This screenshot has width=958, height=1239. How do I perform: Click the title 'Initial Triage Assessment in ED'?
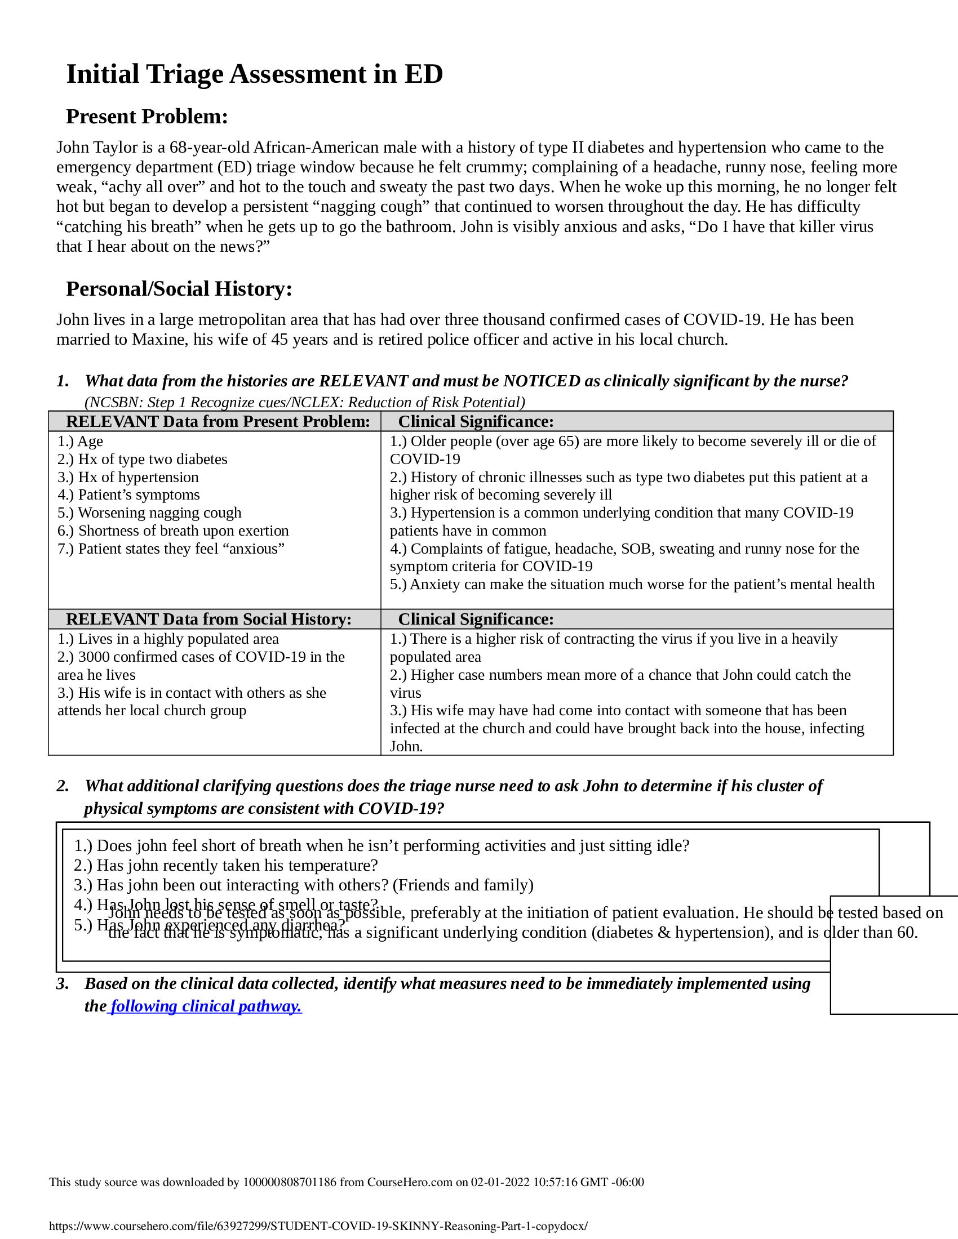point(254,74)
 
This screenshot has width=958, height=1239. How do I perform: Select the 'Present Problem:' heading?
point(147,117)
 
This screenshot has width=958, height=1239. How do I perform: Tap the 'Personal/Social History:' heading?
point(179,289)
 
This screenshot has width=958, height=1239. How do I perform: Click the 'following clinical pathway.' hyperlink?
point(206,1006)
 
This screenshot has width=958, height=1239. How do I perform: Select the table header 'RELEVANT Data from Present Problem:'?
point(218,421)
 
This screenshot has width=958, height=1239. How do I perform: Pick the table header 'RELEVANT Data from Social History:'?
point(209,619)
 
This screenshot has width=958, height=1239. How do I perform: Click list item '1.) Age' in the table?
point(80,442)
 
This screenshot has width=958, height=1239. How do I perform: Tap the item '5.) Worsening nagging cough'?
point(149,513)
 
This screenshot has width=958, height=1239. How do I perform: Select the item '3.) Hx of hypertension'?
point(128,477)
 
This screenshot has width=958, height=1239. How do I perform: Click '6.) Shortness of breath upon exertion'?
point(173,531)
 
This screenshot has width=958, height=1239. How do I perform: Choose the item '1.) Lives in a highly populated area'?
point(168,639)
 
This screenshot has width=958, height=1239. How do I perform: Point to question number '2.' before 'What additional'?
point(63,786)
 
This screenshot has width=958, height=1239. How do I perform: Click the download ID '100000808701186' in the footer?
point(290,1182)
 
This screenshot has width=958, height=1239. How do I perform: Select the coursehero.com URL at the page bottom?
point(318,1226)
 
